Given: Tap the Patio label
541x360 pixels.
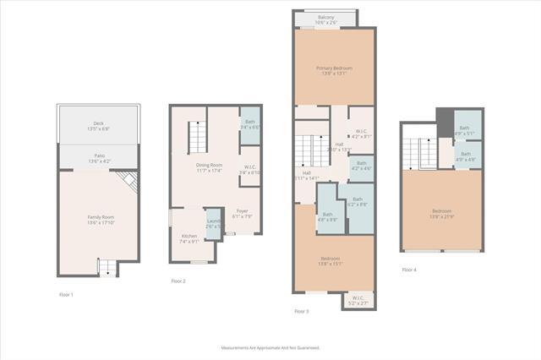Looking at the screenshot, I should point(99,156).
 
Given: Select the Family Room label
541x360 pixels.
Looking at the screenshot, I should point(99,218).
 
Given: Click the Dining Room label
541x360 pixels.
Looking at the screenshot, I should point(209,165).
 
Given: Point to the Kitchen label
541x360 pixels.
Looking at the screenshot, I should point(189,236).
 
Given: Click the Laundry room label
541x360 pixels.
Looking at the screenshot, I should point(215,222).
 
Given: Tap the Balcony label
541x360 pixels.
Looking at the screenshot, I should point(325,17).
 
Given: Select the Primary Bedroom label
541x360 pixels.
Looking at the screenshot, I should point(334,68).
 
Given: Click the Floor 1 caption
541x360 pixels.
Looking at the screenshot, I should point(66,294).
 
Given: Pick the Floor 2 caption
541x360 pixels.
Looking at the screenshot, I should point(178,281).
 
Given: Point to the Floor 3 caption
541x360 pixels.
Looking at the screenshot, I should point(301,311).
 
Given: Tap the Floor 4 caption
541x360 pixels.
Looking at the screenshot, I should point(409,270).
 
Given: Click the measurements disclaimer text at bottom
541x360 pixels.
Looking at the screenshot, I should point(270,347).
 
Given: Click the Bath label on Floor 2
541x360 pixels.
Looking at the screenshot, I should point(250,122).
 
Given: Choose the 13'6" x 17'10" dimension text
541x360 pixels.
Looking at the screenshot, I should point(99,222).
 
